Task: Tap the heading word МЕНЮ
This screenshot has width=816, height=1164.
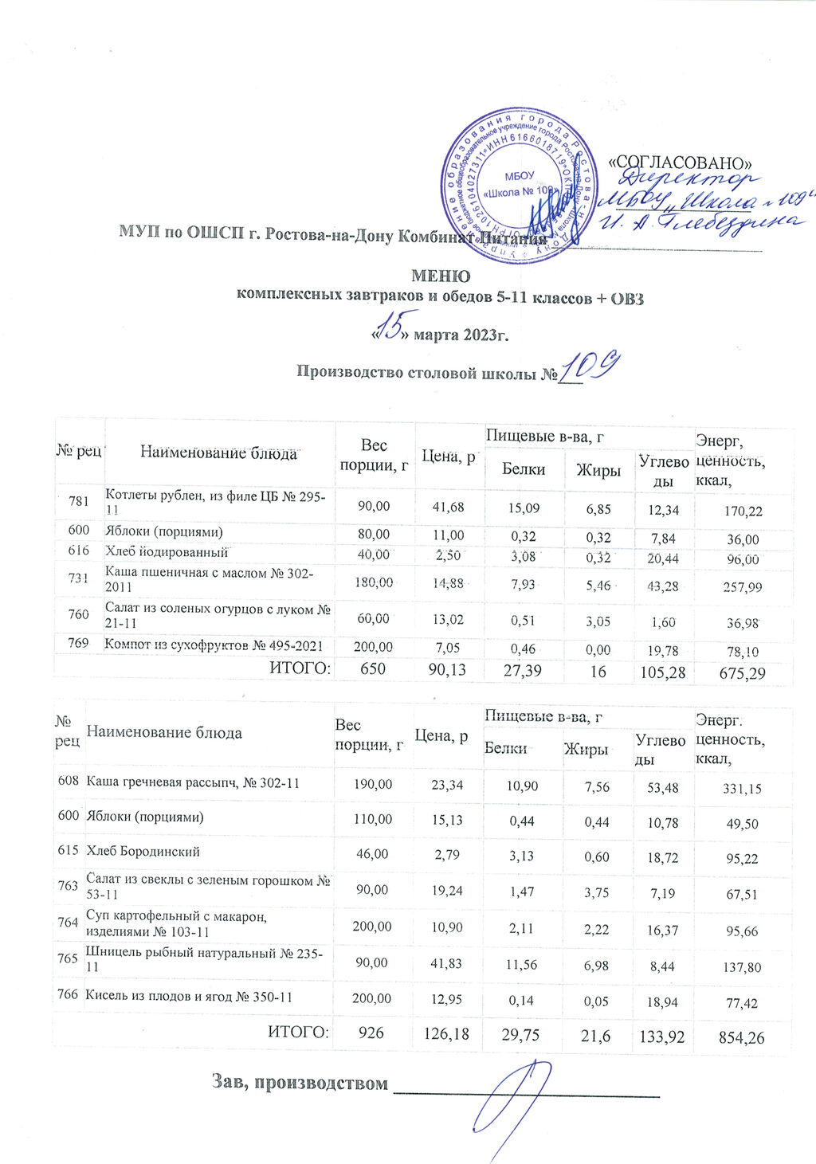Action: click(440, 276)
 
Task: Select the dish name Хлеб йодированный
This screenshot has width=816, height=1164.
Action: click(167, 551)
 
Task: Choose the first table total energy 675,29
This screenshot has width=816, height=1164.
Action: click(742, 673)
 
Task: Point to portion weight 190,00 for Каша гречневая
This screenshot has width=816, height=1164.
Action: click(373, 785)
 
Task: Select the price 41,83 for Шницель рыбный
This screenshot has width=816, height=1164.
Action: click(447, 963)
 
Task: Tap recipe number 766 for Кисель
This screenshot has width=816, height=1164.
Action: click(68, 995)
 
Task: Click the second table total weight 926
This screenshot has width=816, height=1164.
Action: click(371, 1033)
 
